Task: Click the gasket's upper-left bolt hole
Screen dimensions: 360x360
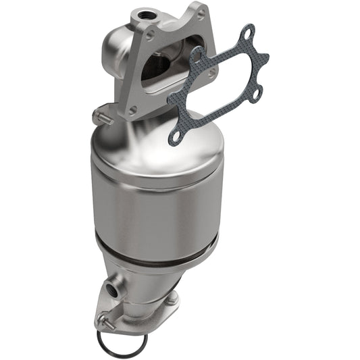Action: (197, 57)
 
